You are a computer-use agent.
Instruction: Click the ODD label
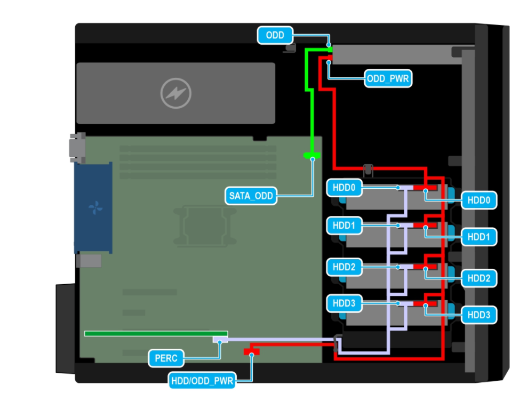pyautogui.click(x=275, y=36)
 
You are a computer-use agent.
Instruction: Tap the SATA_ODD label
pyautogui.click(x=251, y=196)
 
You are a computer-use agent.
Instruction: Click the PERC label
pyautogui.click(x=166, y=358)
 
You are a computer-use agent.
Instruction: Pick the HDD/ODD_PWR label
pyautogui.click(x=202, y=381)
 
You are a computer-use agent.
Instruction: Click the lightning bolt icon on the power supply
pyautogui.click(x=176, y=94)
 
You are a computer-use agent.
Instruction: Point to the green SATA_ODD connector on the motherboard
pyautogui.click(x=312, y=156)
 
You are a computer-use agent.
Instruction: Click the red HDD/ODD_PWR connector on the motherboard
pyautogui.click(x=251, y=351)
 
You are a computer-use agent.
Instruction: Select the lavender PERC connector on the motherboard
pyautogui.click(x=220, y=340)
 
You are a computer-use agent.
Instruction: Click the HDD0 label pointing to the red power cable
pyautogui.click(x=478, y=201)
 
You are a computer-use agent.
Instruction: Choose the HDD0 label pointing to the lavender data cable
pyautogui.click(x=344, y=188)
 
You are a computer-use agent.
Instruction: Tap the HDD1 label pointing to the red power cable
pyautogui.click(x=478, y=236)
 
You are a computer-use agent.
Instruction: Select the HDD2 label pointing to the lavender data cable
pyautogui.click(x=344, y=266)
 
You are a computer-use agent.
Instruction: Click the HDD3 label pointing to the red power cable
pyautogui.click(x=478, y=315)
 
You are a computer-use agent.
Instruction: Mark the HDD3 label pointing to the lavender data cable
pyautogui.click(x=344, y=303)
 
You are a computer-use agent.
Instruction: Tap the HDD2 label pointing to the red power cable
pyautogui.click(x=478, y=278)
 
